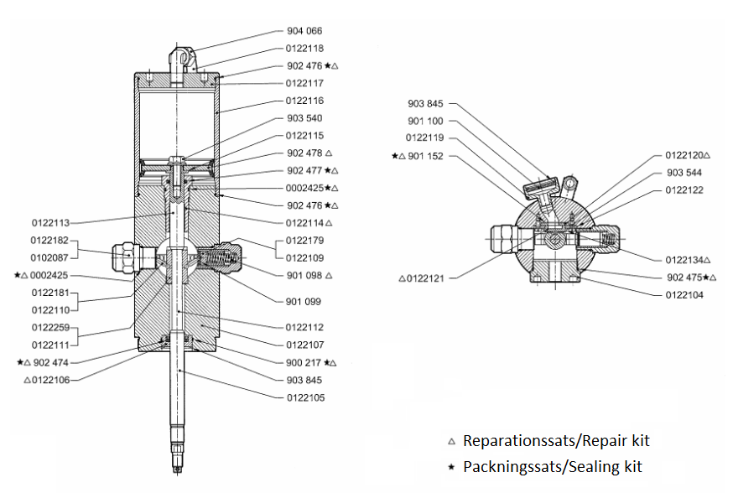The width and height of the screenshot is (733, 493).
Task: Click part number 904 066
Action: (304, 31)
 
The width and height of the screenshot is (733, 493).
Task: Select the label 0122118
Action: (304, 49)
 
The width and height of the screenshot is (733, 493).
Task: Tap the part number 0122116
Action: (304, 101)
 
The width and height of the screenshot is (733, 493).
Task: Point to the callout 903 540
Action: (304, 118)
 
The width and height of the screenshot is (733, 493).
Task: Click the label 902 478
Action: (304, 153)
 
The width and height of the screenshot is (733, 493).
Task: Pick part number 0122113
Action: (49, 223)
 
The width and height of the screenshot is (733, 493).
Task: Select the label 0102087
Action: (49, 258)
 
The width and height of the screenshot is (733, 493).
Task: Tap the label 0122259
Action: (49, 327)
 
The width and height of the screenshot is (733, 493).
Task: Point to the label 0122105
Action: (304, 397)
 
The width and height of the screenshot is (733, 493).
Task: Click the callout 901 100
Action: (425, 122)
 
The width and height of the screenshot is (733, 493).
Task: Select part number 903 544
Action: (684, 173)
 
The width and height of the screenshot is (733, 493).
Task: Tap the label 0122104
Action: (684, 294)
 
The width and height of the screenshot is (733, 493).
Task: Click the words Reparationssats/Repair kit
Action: (556, 440)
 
